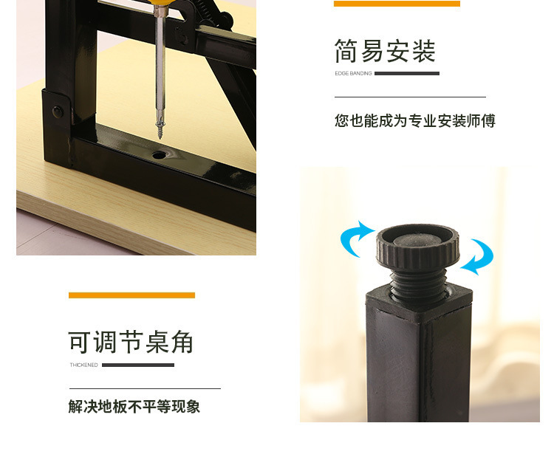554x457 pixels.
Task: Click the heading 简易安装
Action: [x=385, y=51]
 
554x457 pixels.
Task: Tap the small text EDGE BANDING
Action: [x=353, y=73]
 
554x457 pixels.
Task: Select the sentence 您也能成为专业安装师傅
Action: [x=415, y=120]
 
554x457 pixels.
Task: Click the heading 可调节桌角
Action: [x=131, y=342]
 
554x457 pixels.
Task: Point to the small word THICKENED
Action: [x=83, y=365]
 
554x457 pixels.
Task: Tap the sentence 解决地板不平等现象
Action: [x=134, y=407]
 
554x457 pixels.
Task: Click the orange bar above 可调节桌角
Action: [x=131, y=295]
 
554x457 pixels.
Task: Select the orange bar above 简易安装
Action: [x=397, y=4]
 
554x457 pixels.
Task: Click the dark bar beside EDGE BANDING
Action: [x=407, y=73]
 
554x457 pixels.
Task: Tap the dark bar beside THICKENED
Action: [x=138, y=365]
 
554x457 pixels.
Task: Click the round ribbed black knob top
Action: [x=417, y=246]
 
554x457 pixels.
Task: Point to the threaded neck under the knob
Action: [x=418, y=284]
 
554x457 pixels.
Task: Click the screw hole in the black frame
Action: [x=159, y=155]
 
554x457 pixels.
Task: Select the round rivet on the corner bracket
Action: [x=57, y=111]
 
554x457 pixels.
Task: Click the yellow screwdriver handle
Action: [x=160, y=4]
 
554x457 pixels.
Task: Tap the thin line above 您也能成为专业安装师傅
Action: [x=410, y=97]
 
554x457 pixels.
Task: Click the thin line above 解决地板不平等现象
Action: [x=145, y=388]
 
